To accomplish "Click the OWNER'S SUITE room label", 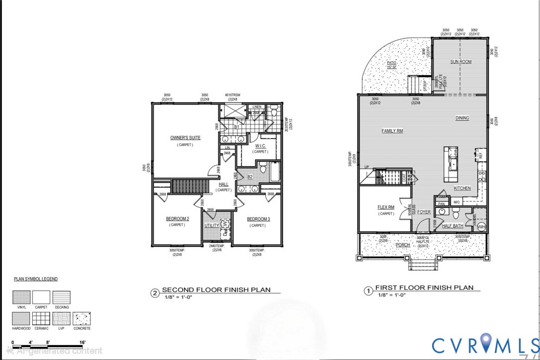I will (x=185, y=138).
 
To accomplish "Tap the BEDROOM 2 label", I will (x=177, y=219).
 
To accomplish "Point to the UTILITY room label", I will (x=211, y=226).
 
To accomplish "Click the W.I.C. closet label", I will (x=261, y=146).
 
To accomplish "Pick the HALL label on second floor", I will (x=224, y=184).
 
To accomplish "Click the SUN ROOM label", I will (x=461, y=62).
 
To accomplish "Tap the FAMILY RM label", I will (x=392, y=131).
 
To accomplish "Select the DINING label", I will (x=462, y=118).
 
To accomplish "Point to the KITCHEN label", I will (x=462, y=188).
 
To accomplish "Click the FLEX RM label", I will (x=386, y=207).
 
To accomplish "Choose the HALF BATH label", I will (x=452, y=226).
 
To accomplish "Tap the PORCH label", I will (x=403, y=245).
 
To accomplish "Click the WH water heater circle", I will (x=481, y=227).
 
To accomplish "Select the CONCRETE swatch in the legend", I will (x=82, y=318).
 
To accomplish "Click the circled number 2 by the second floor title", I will (x=155, y=293).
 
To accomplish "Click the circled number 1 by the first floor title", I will (x=368, y=291).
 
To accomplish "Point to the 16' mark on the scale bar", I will (x=82, y=342).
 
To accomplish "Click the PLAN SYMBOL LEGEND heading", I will (x=36, y=279).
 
